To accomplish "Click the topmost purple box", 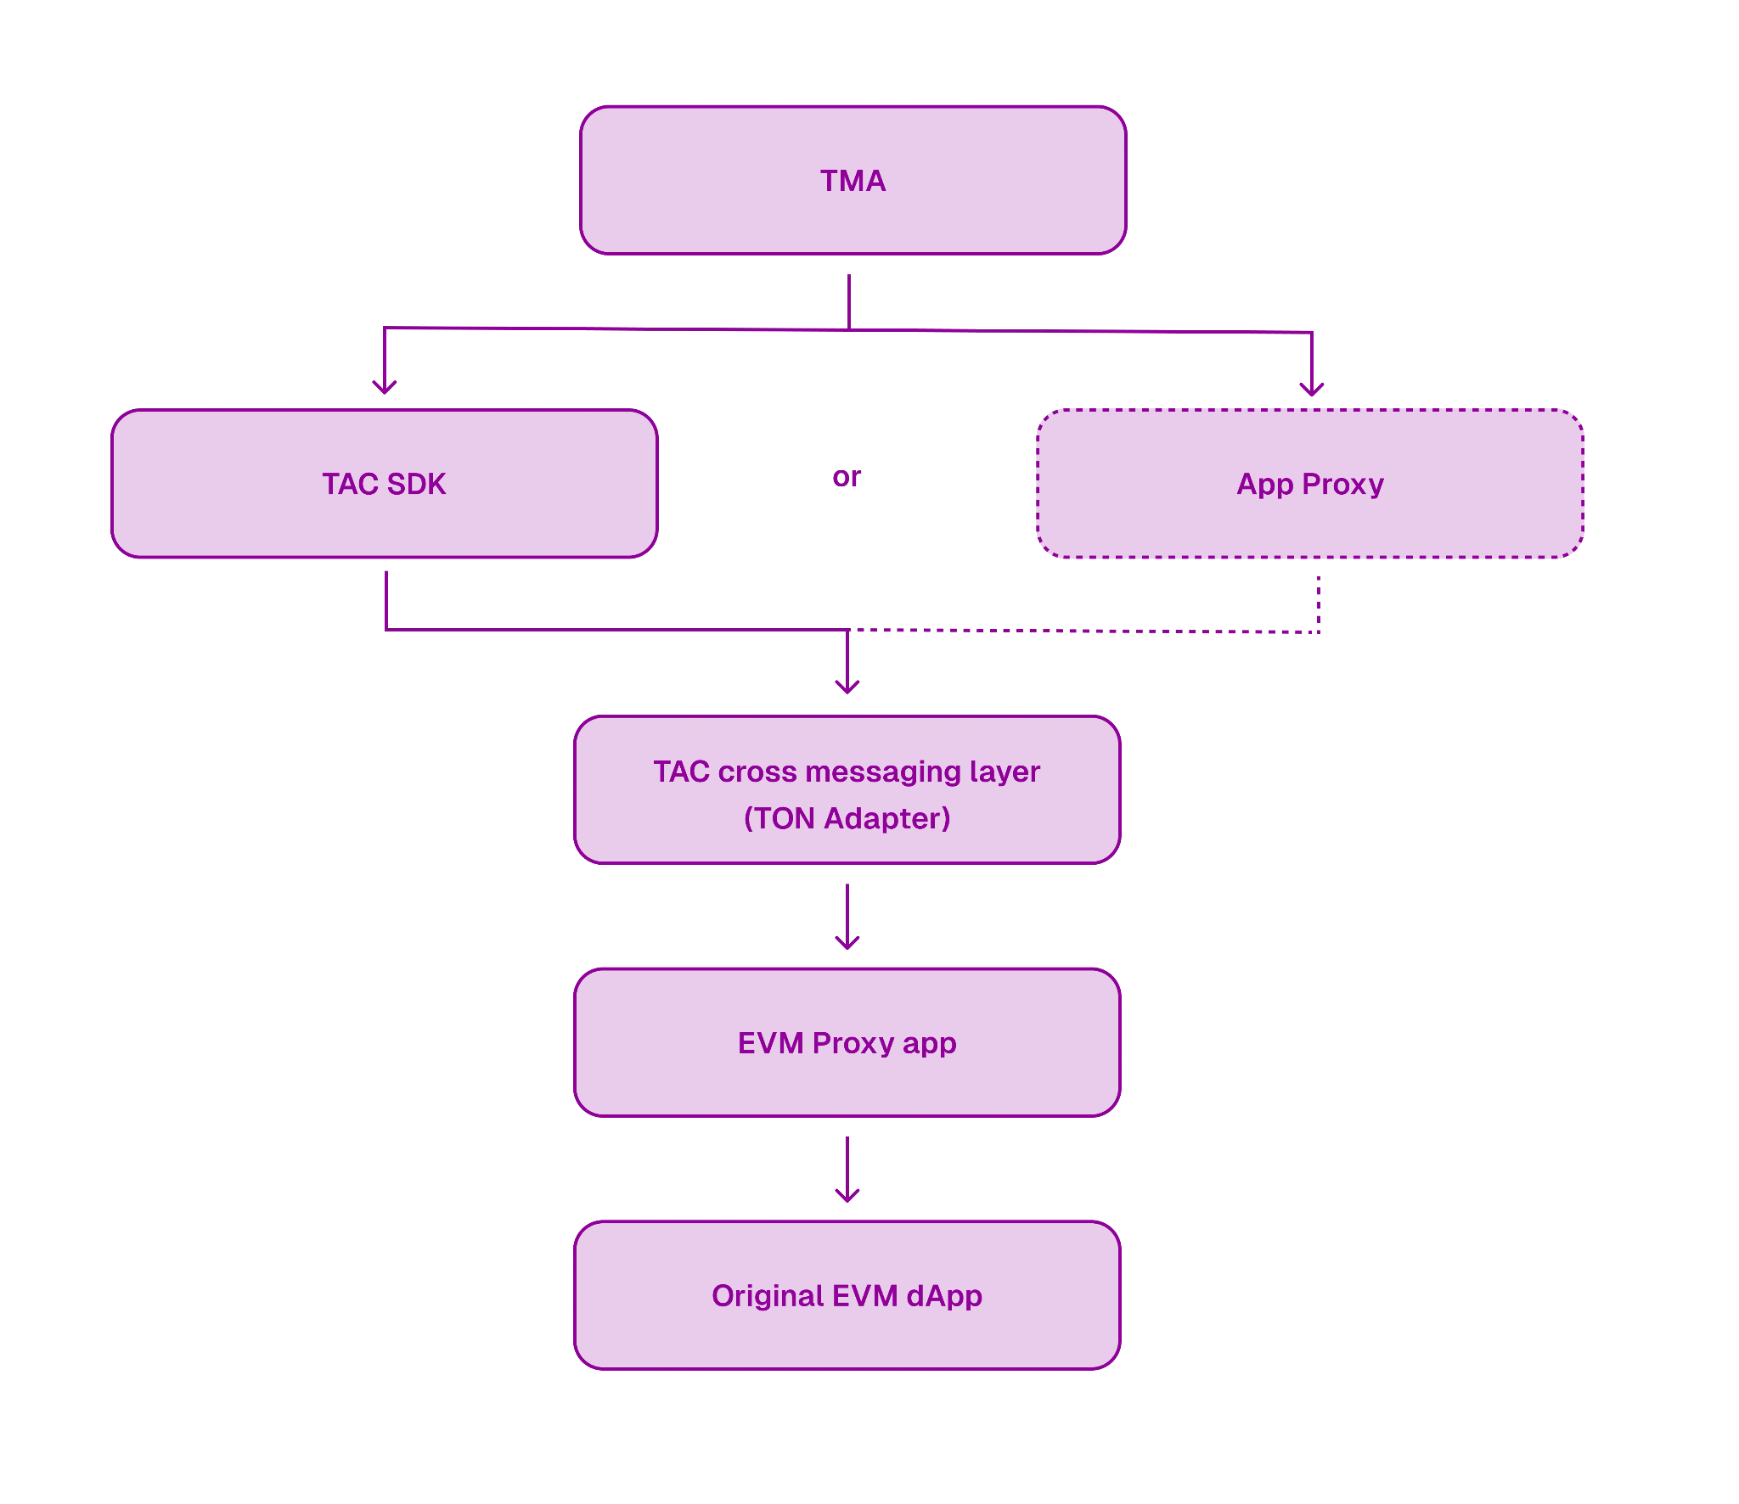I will tap(852, 180).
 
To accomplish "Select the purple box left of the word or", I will tap(384, 484).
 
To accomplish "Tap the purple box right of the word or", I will tap(1311, 484).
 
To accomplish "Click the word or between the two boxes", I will tap(846, 480).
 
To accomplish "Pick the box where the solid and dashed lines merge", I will tap(847, 789).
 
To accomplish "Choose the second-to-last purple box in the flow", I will tap(847, 1041).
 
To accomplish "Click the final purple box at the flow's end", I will tap(847, 1294).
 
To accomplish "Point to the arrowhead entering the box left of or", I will tap(385, 389).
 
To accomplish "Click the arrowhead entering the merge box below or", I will tap(846, 687).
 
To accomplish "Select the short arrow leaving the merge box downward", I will tap(846, 917).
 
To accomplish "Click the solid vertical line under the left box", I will tap(386, 598).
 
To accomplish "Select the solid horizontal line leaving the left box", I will tap(611, 630).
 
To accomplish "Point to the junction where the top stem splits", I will tap(850, 328).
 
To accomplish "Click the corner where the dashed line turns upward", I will tap(1320, 633).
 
